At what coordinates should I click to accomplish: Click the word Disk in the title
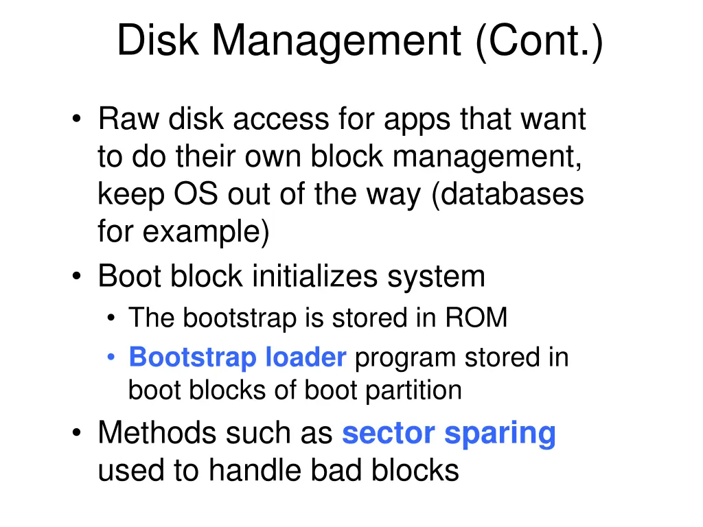[158, 40]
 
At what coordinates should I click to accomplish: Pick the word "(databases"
[508, 195]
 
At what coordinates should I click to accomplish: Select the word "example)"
[207, 233]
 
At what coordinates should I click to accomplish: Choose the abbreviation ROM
[476, 318]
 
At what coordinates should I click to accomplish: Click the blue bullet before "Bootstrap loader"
[112, 358]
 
